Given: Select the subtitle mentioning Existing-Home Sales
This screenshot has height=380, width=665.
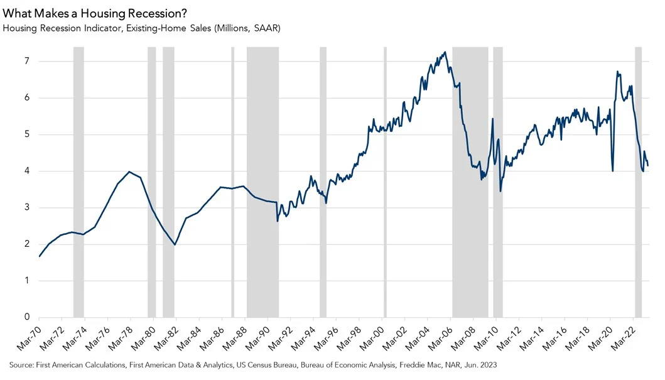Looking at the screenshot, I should click(141, 28).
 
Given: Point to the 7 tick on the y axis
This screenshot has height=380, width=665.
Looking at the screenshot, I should click(27, 62).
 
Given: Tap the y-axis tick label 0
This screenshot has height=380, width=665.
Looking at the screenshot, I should click(27, 317).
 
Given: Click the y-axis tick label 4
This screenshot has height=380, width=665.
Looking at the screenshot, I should click(27, 171).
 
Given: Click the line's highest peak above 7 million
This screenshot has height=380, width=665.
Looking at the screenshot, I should click(445, 52).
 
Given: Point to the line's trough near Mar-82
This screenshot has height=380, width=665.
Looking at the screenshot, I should click(175, 244).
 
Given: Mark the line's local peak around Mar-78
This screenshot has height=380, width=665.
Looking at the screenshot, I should click(129, 171).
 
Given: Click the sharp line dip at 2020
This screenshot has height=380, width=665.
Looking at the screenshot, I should click(612, 170).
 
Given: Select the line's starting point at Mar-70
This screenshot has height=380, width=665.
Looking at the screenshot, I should click(40, 256).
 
